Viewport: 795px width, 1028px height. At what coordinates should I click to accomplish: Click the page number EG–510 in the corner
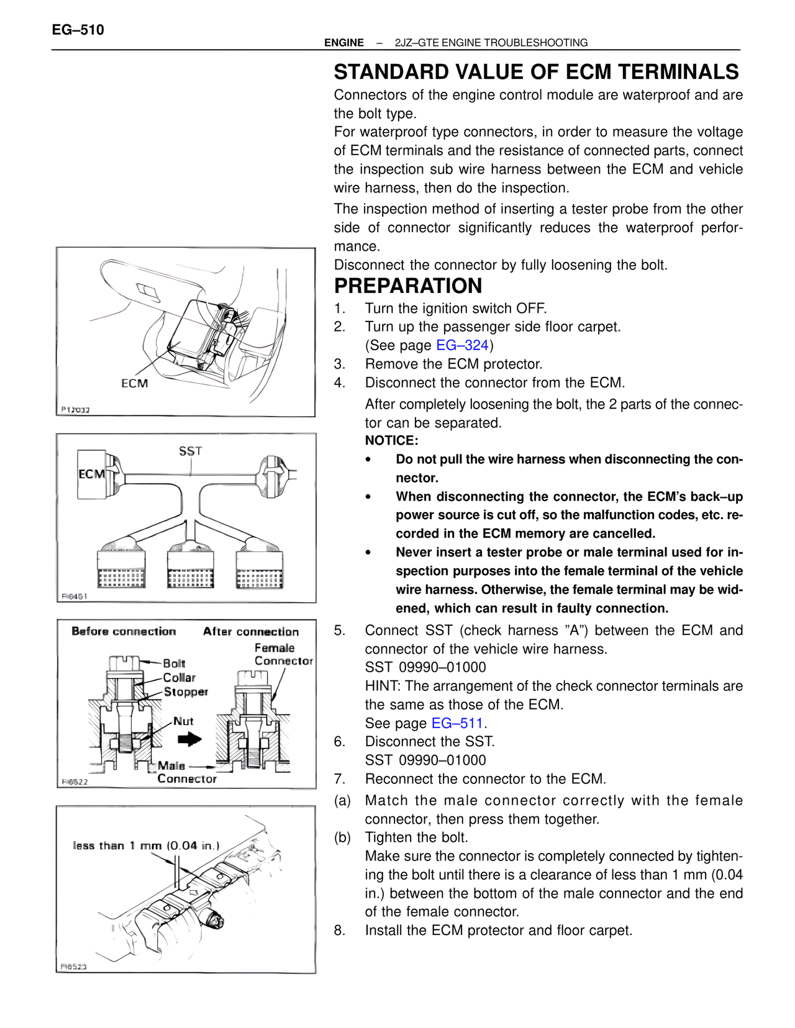pos(78,30)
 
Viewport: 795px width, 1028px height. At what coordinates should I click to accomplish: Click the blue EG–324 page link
pos(462,345)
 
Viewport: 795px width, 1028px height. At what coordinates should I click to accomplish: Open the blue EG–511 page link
pos(457,723)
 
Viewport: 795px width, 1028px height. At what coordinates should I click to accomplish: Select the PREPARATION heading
pos(408,286)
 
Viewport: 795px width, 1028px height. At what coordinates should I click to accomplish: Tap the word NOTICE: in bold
pos(391,441)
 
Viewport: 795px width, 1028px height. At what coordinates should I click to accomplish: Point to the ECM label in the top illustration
pos(135,384)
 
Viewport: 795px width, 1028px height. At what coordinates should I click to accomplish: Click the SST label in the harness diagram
pos(191,451)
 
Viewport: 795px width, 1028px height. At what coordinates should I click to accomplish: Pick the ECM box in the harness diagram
pos(91,474)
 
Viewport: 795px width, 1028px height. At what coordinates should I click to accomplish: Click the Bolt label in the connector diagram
pos(174,663)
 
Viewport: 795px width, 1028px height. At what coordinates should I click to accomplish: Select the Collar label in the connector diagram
pos(179,677)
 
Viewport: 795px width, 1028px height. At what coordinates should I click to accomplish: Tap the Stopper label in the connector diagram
pos(186,692)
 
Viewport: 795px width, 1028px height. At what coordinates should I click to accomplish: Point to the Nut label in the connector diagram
pos(183,721)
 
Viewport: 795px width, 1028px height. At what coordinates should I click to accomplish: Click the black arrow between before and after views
pos(189,739)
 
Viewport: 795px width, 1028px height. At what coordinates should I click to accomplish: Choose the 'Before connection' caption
pos(124,631)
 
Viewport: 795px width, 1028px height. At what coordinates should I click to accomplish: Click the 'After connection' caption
pos(251,631)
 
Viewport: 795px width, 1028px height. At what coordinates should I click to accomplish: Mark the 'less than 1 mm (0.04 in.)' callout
pos(146,845)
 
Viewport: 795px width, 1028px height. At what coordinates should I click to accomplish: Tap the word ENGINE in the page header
pos(344,43)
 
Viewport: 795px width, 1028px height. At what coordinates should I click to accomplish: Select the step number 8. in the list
pos(339,931)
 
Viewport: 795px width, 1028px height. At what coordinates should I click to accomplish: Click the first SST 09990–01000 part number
pos(425,667)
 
